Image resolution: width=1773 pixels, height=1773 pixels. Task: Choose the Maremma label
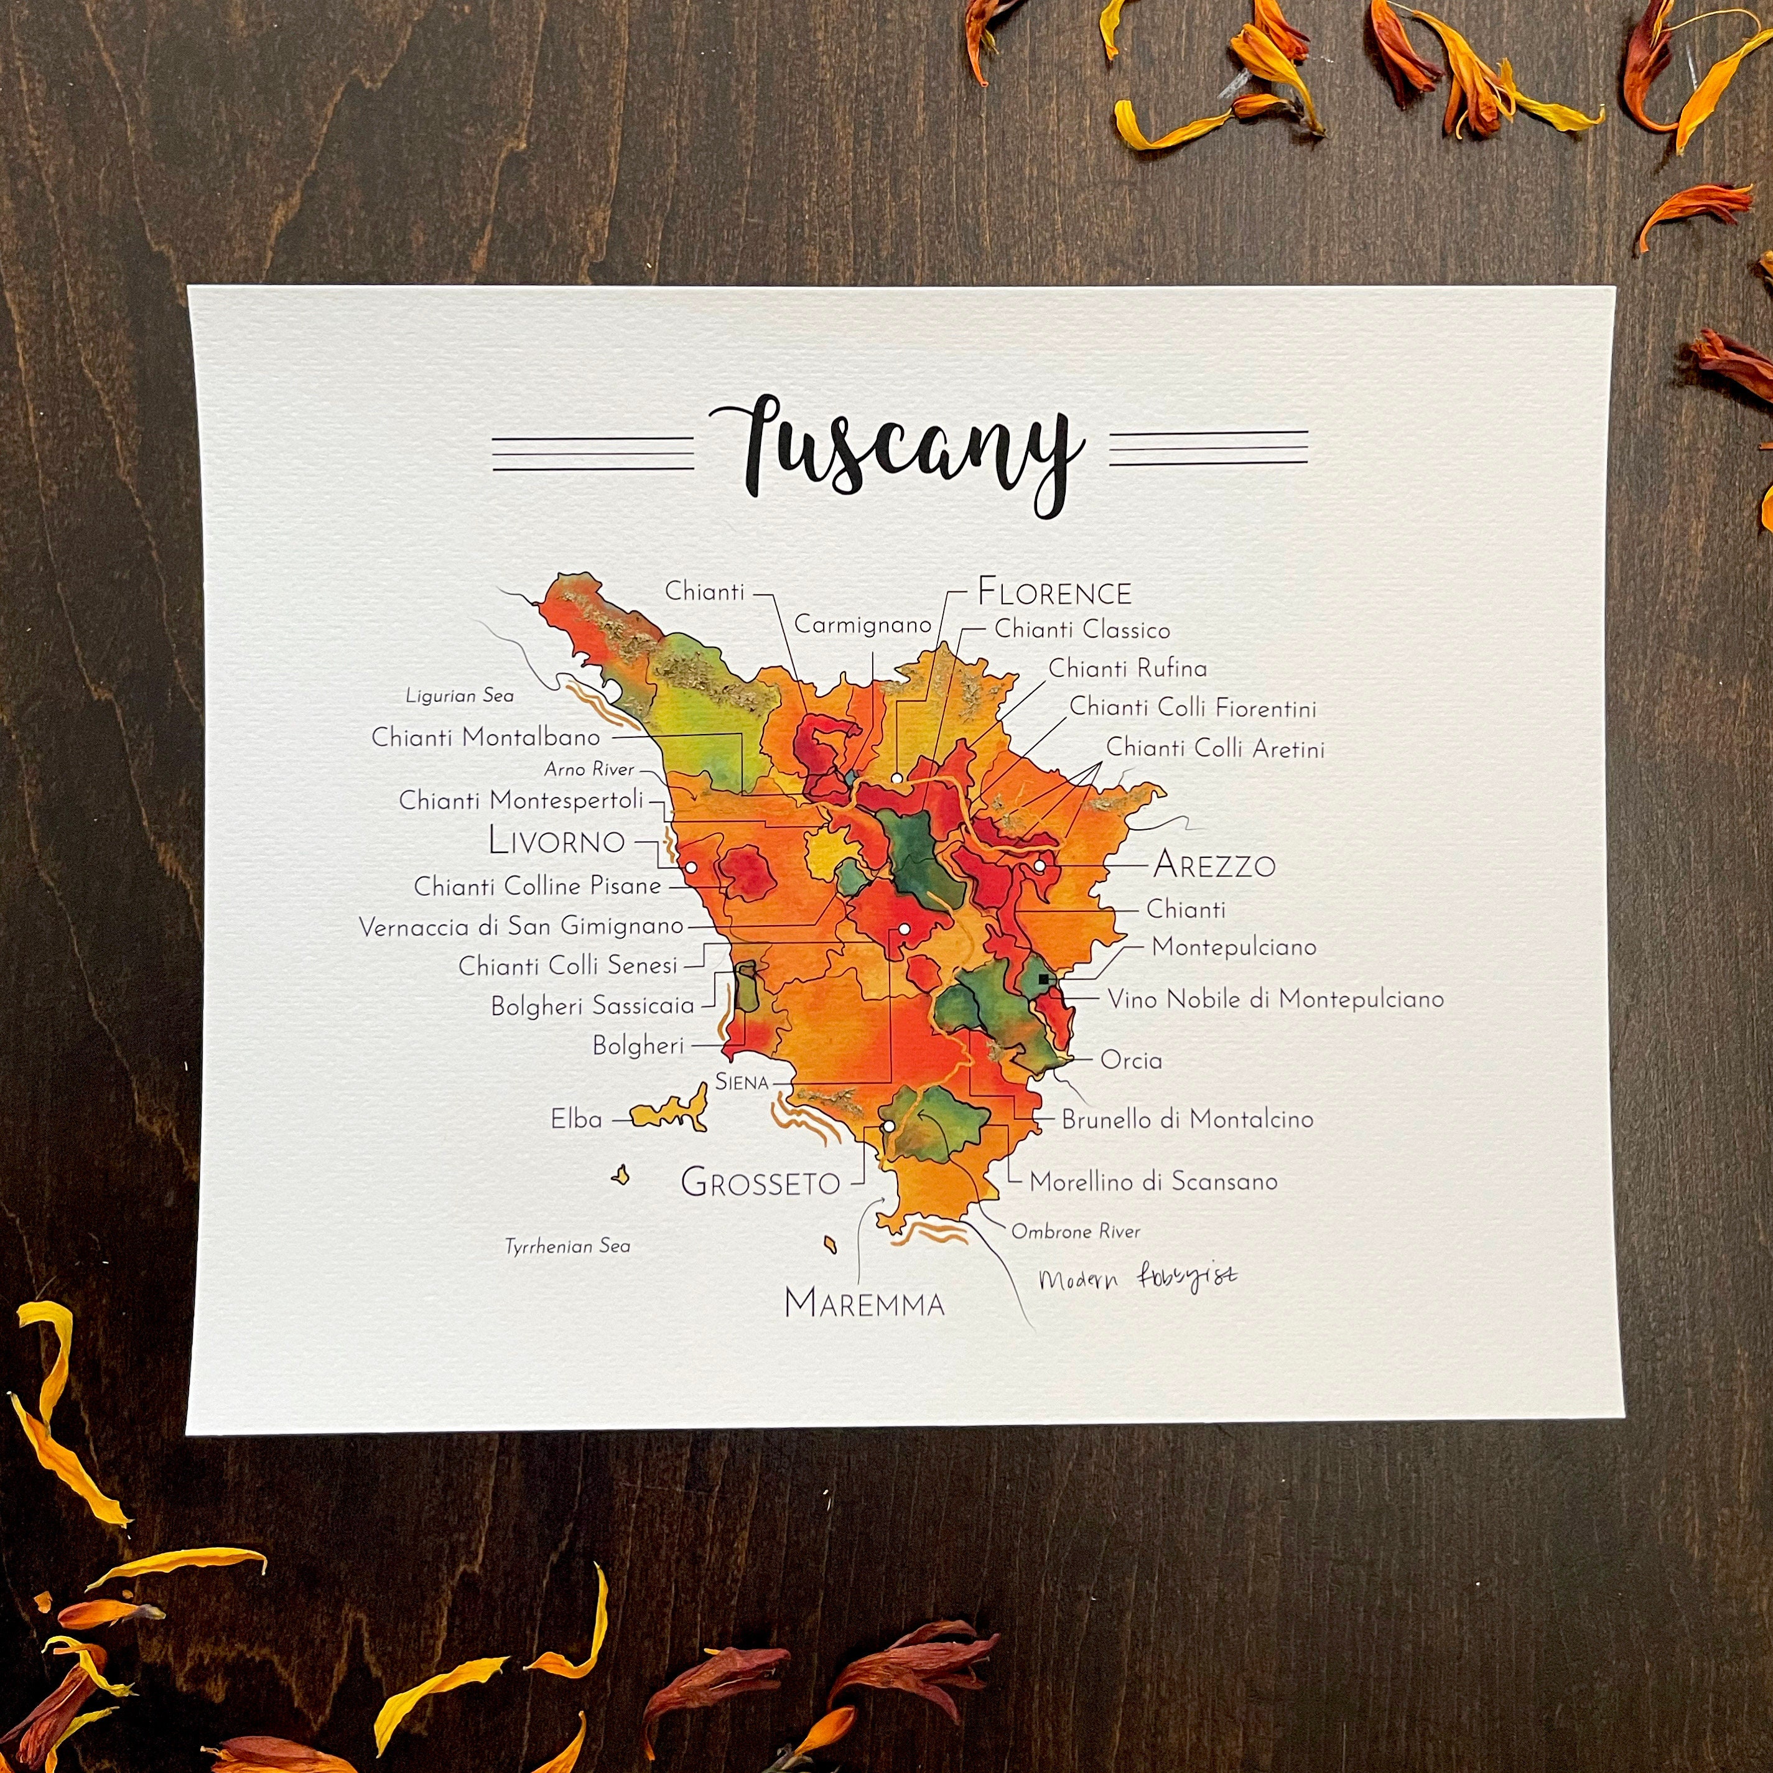tap(865, 1303)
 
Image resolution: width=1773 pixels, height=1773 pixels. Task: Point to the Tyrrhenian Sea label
tap(567, 1246)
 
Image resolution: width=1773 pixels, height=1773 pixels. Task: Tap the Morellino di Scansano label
tap(1153, 1182)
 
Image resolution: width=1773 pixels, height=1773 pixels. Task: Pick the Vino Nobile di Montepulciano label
tap(1275, 999)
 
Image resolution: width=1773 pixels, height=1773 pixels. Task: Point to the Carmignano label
tap(863, 625)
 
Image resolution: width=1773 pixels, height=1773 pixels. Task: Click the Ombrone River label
tap(1076, 1232)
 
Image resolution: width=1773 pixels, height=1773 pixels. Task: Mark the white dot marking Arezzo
tap(1040, 865)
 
